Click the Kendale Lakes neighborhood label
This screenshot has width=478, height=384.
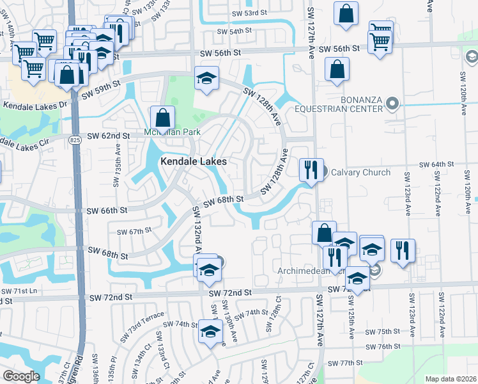pyautogui.click(x=193, y=162)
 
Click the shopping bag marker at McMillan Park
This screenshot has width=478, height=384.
pyautogui.click(x=163, y=117)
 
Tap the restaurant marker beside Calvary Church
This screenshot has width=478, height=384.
pyautogui.click(x=311, y=170)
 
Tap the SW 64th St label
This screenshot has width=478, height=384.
pyautogui.click(x=436, y=164)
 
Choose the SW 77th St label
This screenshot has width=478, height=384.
pyautogui.click(x=346, y=363)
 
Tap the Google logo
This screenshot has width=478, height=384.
pyautogui.click(x=20, y=376)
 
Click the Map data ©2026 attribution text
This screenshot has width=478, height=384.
pyautogui.click(x=451, y=379)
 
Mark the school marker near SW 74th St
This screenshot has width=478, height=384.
pyautogui.click(x=209, y=332)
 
